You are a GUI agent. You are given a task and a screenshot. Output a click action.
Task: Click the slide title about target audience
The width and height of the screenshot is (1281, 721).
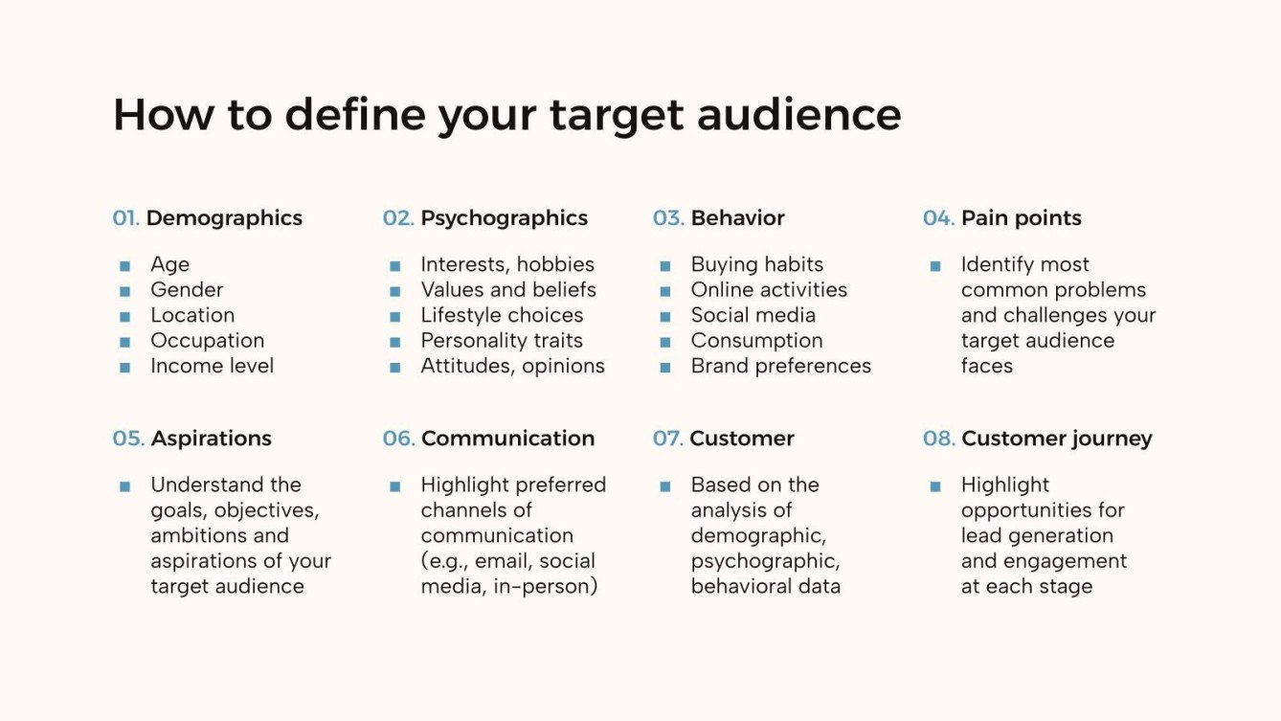(x=506, y=115)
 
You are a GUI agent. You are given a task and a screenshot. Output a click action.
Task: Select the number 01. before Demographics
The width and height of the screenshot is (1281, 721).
(x=125, y=218)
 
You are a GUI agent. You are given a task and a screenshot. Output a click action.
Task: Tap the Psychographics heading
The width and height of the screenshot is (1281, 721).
(x=504, y=218)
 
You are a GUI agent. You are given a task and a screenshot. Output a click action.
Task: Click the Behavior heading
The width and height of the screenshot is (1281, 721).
(x=737, y=218)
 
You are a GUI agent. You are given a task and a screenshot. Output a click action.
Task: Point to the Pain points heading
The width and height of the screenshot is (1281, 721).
(x=1021, y=218)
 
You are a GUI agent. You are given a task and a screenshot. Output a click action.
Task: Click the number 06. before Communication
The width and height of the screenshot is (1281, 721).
(x=398, y=439)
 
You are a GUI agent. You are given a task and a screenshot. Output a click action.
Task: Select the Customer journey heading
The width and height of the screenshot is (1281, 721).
(x=1056, y=439)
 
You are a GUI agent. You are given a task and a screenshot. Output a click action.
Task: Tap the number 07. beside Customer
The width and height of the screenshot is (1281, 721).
(x=667, y=439)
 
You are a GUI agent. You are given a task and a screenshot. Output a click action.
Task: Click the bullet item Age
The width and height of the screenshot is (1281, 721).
(x=169, y=264)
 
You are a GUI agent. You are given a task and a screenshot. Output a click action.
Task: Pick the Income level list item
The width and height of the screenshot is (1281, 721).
(x=212, y=366)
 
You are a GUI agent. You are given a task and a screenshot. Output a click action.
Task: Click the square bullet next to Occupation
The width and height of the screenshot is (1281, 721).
(x=124, y=341)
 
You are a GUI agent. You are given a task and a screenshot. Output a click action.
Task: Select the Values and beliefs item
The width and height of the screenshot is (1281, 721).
(x=507, y=290)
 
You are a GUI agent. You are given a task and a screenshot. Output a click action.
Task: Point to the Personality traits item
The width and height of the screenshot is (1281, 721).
(x=501, y=341)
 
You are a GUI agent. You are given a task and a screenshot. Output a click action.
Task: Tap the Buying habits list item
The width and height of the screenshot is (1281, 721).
(x=756, y=264)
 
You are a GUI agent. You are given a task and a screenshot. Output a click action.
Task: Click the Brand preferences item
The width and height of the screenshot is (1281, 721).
(x=780, y=366)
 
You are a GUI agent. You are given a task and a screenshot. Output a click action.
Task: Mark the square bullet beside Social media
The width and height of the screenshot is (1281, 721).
(x=665, y=316)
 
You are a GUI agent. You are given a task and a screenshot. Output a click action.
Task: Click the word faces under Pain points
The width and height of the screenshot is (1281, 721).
(x=986, y=366)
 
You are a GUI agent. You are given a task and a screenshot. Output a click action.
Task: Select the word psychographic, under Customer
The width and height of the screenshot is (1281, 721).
(x=765, y=561)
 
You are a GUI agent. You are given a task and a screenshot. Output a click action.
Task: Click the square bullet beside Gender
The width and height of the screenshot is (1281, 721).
(x=124, y=290)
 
